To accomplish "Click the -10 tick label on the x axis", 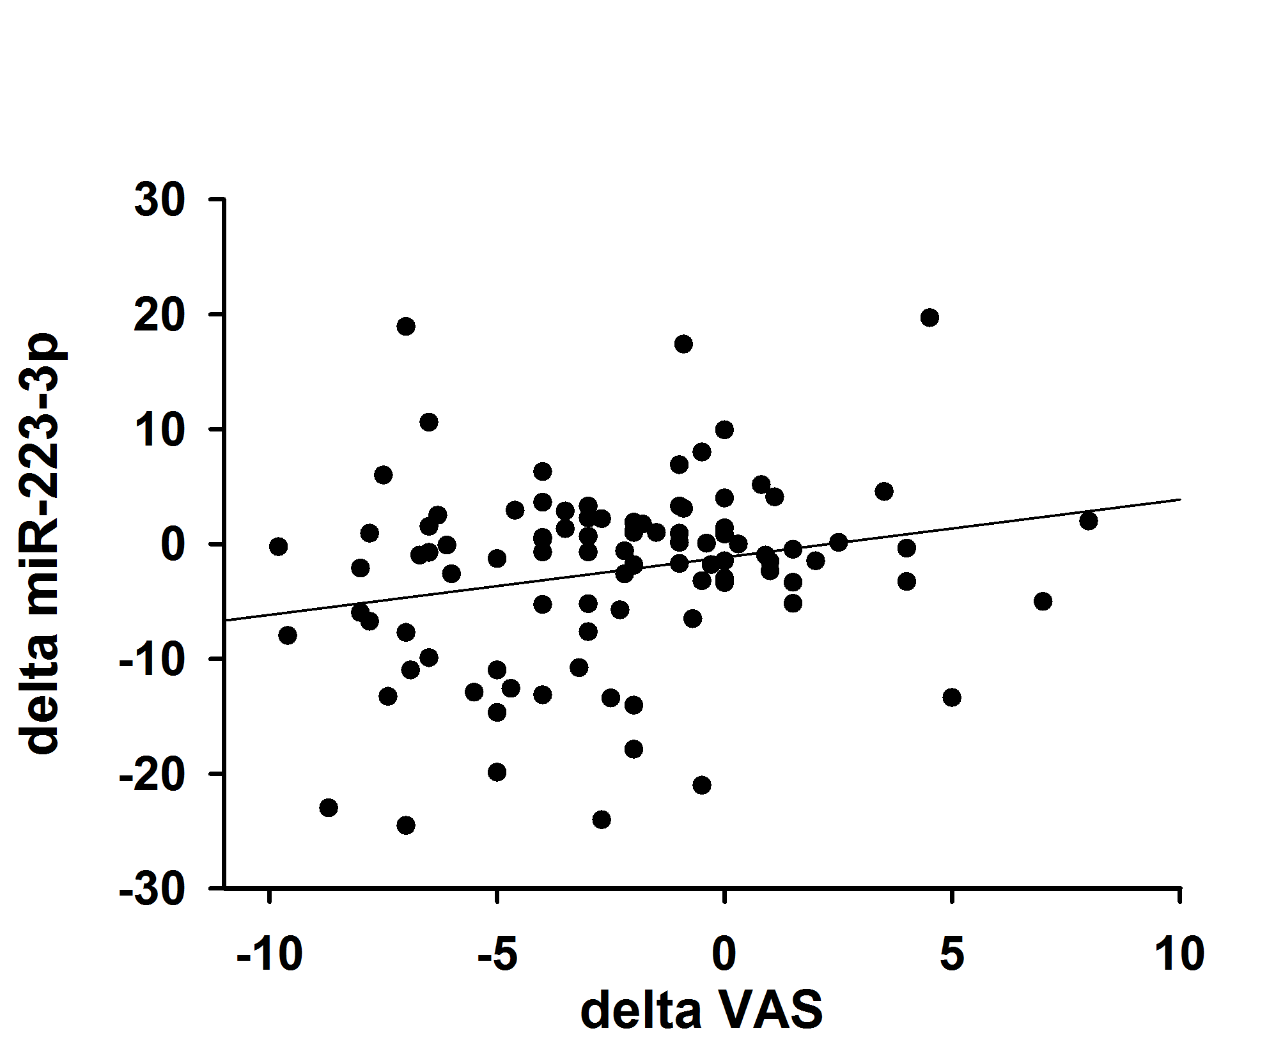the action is click(x=269, y=954).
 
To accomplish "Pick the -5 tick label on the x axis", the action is click(x=497, y=954).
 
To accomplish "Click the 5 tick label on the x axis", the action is click(x=952, y=954).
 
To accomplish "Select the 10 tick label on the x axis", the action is click(x=1179, y=954).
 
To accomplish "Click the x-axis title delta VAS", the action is click(x=701, y=1011).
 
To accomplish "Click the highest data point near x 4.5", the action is click(x=929, y=318).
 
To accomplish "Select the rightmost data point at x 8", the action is click(x=1089, y=521).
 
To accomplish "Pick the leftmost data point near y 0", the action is click(x=278, y=547).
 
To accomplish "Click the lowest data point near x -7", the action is click(x=406, y=825).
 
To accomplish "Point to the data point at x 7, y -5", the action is click(x=1043, y=602).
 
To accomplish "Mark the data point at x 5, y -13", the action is click(x=952, y=697).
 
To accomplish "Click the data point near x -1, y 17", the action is click(x=683, y=344).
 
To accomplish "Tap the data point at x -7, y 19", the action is click(x=406, y=327).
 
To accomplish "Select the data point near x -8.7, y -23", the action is click(x=329, y=807).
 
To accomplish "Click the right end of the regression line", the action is click(x=1180, y=499).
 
